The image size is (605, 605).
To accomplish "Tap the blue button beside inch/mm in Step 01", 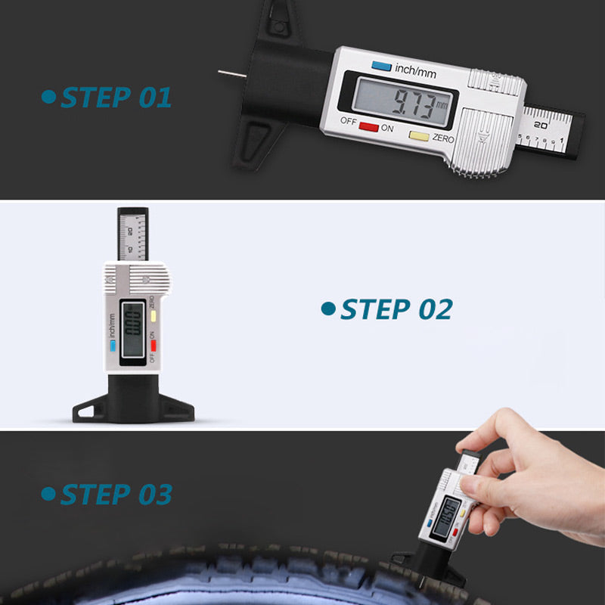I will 381,67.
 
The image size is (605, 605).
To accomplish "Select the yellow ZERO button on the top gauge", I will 419,137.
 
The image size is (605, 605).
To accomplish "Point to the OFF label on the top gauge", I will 348,121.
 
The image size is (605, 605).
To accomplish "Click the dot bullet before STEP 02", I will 327,309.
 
